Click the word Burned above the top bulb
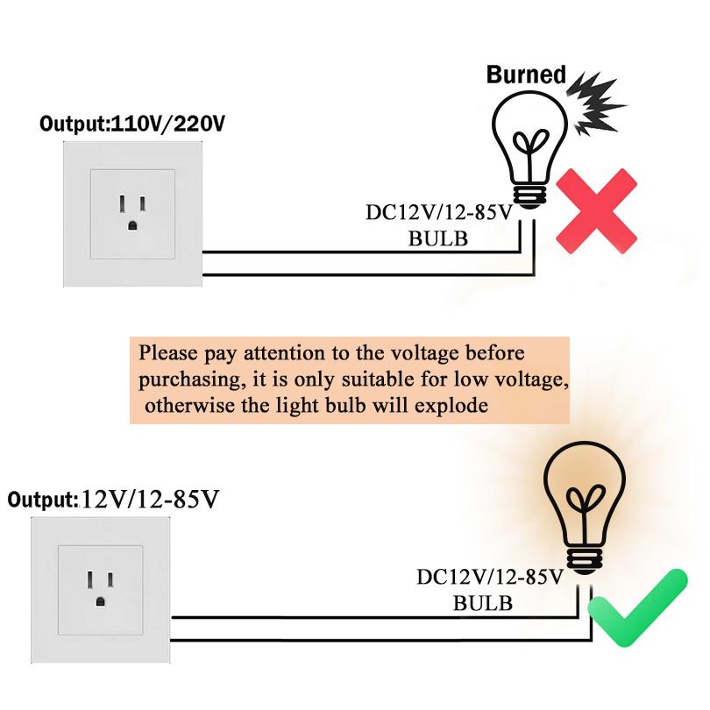pyautogui.click(x=526, y=75)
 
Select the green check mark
pyautogui.click(x=637, y=608)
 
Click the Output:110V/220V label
pyautogui.click(x=132, y=124)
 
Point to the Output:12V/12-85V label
pyautogui.click(x=113, y=500)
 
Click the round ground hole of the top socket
pyautogui.click(x=132, y=224)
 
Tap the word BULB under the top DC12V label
pyautogui.click(x=437, y=238)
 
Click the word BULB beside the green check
pyautogui.click(x=482, y=603)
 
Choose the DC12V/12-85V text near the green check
pyautogui.click(x=488, y=578)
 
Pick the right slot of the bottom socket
pyautogui.click(x=111, y=580)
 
